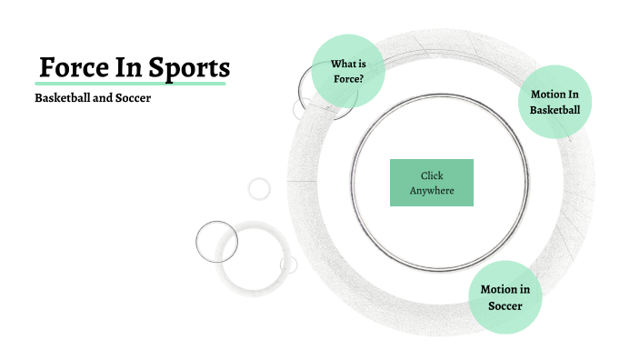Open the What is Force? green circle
coord(347,71)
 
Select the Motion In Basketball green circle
coord(555,102)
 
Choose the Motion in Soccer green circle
coord(505,297)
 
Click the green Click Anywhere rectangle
coord(432,183)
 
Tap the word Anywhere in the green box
coord(432,191)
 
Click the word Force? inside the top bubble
coord(347,79)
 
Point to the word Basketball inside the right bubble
coord(555,110)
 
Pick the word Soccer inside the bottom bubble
coord(505,305)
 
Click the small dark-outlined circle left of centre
coord(216,242)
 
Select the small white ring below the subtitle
coord(260,188)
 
